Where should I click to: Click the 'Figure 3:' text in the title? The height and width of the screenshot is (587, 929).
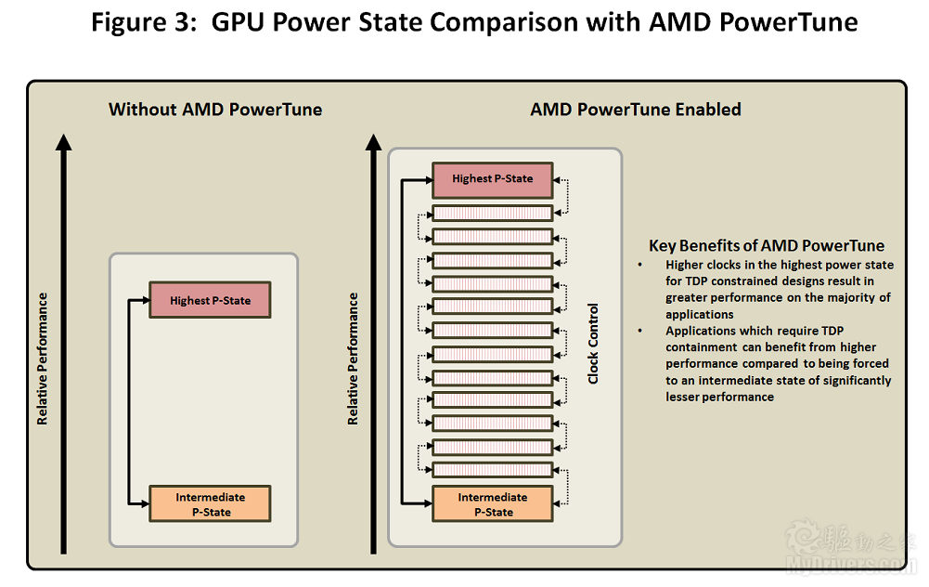pyautogui.click(x=143, y=22)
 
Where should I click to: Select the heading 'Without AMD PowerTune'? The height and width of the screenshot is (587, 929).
pyautogui.click(x=215, y=109)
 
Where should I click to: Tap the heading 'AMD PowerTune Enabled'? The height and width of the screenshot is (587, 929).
pyautogui.click(x=635, y=109)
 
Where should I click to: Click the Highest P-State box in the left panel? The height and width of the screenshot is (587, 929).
pyautogui.click(x=210, y=300)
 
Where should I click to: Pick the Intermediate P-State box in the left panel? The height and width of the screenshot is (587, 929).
pyautogui.click(x=210, y=504)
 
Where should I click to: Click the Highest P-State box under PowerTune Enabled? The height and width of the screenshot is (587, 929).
pyautogui.click(x=493, y=179)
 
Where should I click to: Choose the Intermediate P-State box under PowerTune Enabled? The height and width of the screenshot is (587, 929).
pyautogui.click(x=493, y=504)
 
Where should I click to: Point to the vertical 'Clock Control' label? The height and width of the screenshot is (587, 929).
pyautogui.click(x=593, y=344)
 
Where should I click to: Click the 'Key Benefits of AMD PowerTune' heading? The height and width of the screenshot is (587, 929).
pyautogui.click(x=766, y=245)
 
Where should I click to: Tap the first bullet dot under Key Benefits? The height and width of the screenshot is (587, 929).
pyautogui.click(x=639, y=265)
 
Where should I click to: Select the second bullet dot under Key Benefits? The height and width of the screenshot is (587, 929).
pyautogui.click(x=639, y=331)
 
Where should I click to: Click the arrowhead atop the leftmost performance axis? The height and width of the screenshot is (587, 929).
pyautogui.click(x=63, y=142)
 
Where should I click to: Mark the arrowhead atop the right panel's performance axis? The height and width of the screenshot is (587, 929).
pyautogui.click(x=373, y=142)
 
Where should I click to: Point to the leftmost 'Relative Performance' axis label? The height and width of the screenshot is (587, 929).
pyautogui.click(x=42, y=359)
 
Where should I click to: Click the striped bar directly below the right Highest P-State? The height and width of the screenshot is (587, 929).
pyautogui.click(x=493, y=213)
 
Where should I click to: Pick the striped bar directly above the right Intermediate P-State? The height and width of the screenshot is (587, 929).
pyautogui.click(x=493, y=470)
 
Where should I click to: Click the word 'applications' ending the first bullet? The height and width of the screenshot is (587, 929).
pyautogui.click(x=699, y=314)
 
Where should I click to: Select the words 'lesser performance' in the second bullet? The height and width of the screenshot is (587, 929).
pyautogui.click(x=719, y=397)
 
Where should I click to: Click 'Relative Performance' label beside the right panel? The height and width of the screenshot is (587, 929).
pyautogui.click(x=353, y=359)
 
